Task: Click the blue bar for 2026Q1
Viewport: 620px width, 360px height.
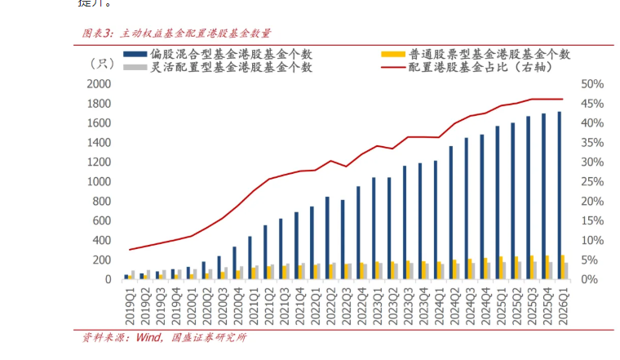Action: pyautogui.click(x=559, y=196)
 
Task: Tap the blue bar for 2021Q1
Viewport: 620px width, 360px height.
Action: pyautogui.click(x=249, y=258)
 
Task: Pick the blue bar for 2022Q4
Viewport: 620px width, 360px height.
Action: pyautogui.click(x=357, y=233)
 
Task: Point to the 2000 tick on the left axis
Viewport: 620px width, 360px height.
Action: pyautogui.click(x=98, y=84)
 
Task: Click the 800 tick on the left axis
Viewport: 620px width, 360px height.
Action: pyautogui.click(x=101, y=202)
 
